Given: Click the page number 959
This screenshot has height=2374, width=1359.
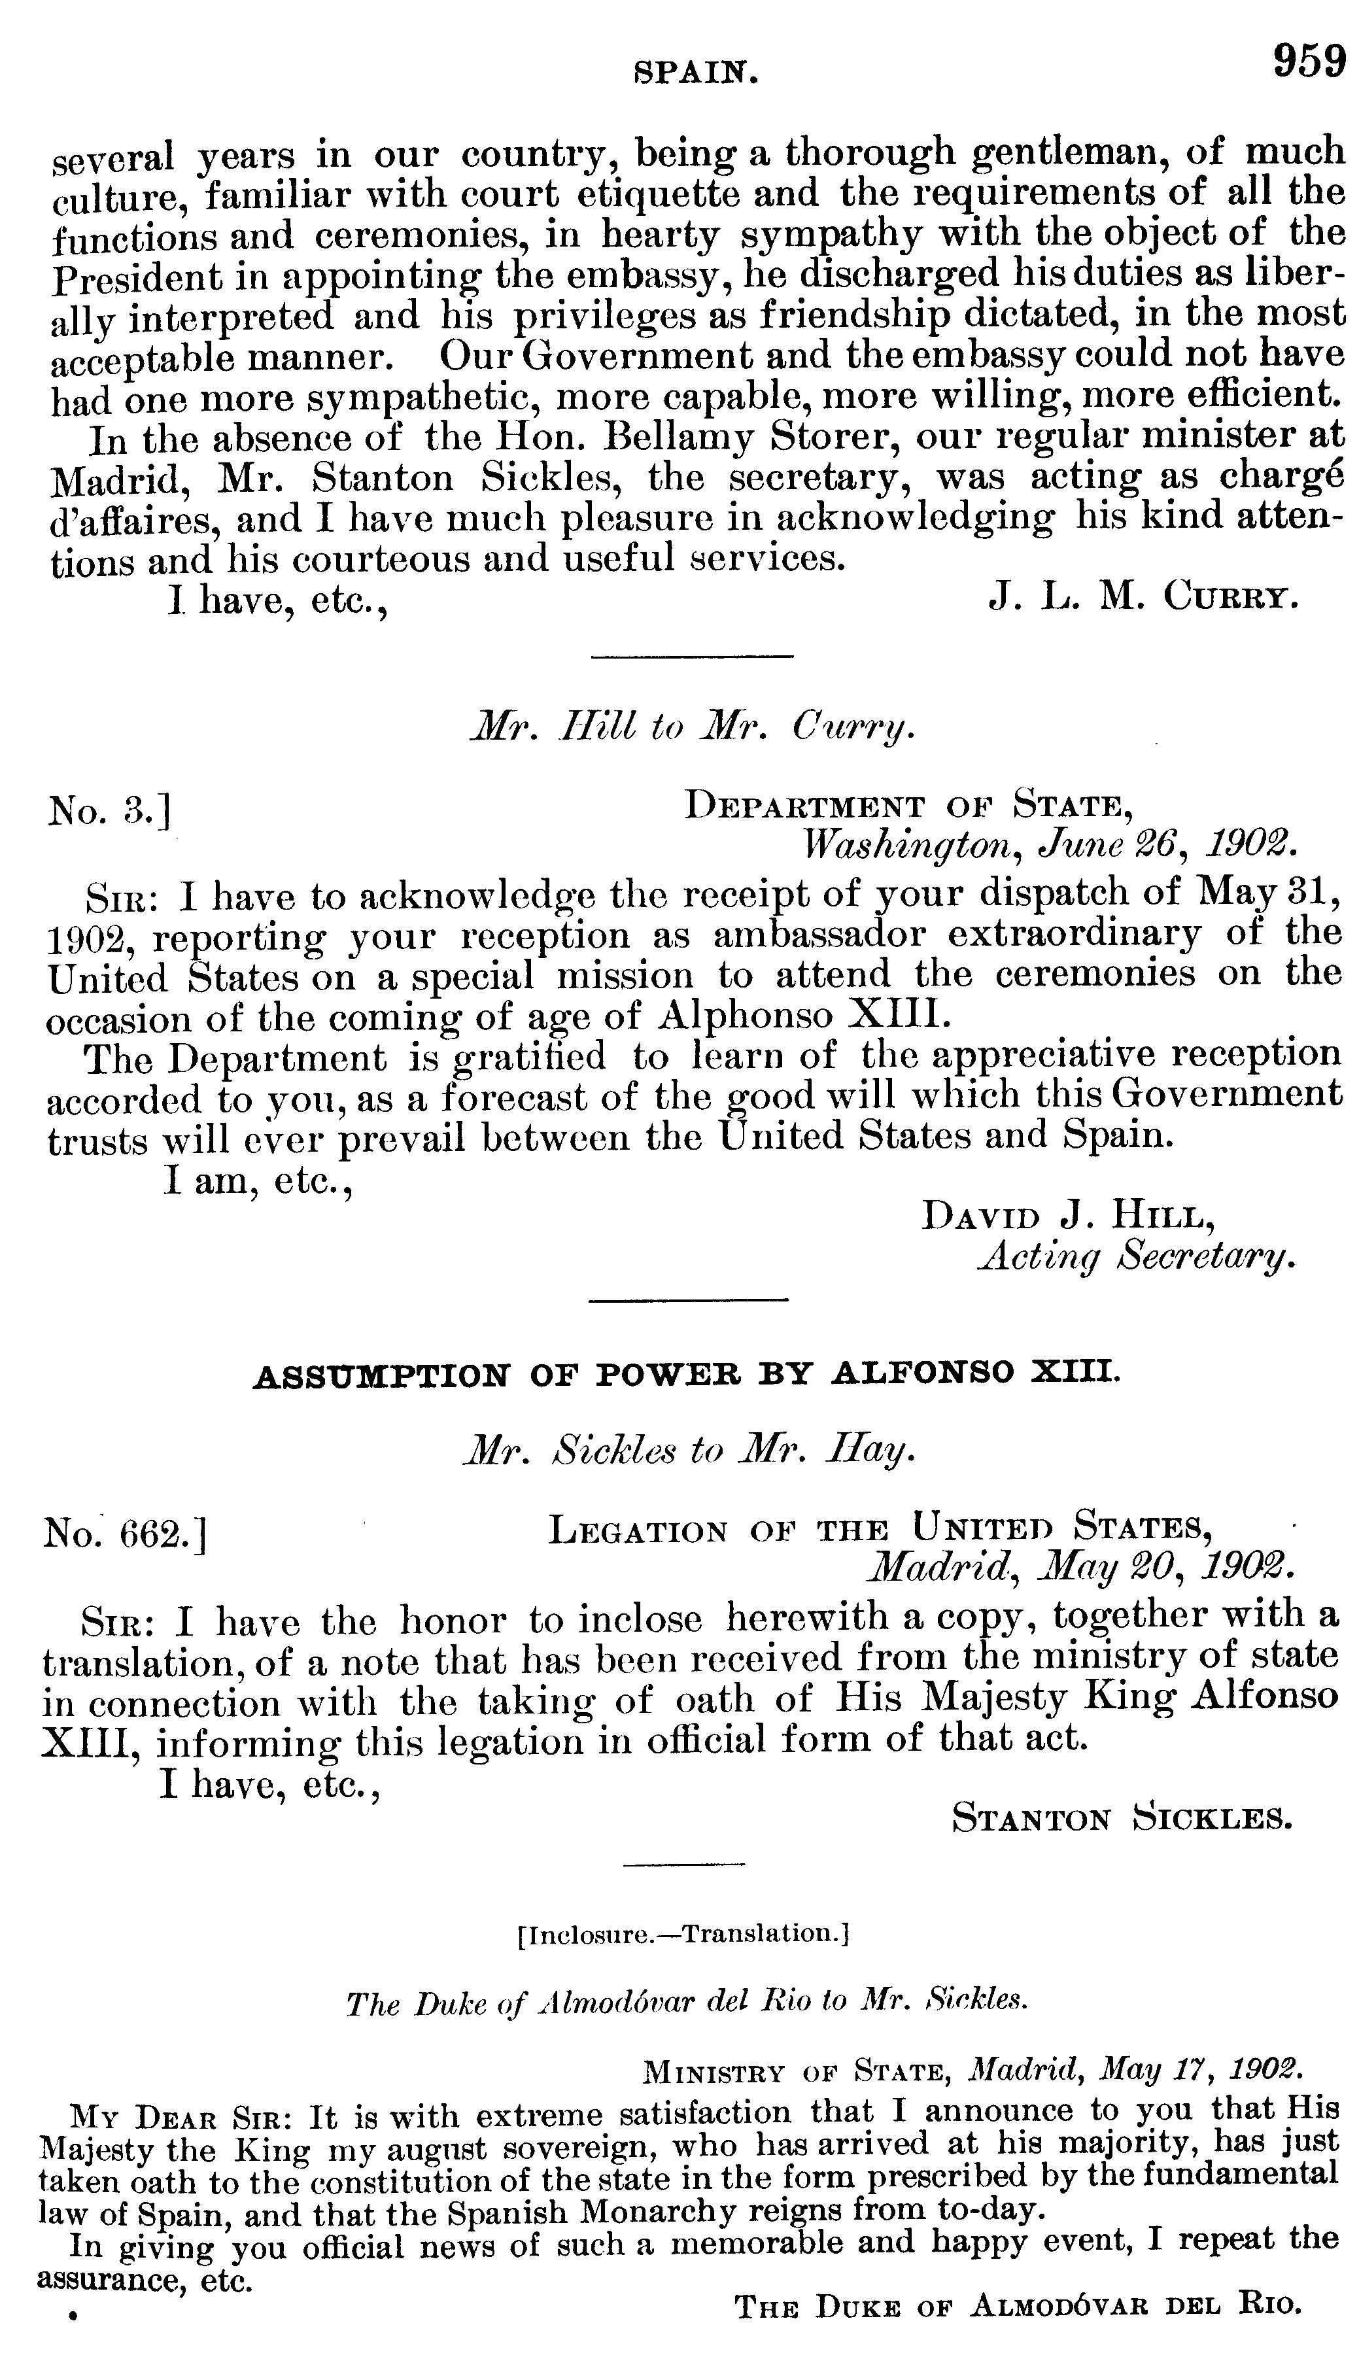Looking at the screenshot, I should tap(1309, 63).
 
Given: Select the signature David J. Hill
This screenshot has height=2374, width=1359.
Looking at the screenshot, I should tap(1068, 1216).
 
